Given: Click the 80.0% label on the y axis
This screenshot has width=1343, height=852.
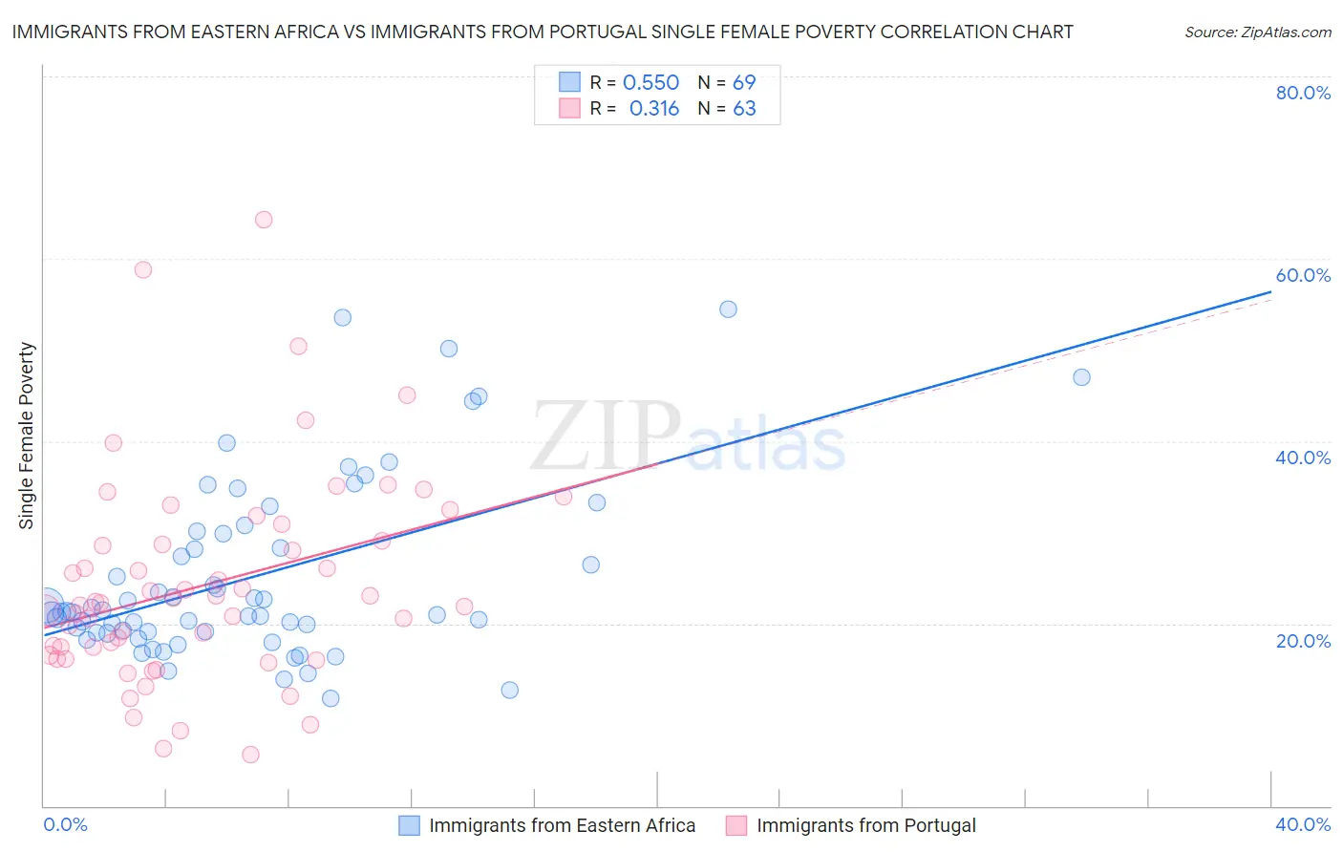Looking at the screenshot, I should pos(1303,93).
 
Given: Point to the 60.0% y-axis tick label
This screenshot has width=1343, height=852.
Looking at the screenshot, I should pos(1303,275).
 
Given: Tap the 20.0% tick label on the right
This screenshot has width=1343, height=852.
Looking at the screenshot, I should pos(1303,641).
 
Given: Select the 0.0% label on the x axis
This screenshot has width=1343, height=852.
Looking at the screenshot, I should pos(65,824).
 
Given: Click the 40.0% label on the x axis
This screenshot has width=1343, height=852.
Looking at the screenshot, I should pos(1303,824).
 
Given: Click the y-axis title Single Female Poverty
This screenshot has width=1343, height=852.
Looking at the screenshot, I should pos(27,436).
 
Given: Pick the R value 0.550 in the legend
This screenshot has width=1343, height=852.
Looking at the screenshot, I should pos(650,82).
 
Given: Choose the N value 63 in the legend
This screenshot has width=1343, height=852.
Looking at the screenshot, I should pos(744,109).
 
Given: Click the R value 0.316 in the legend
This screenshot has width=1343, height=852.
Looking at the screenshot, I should pos(653,109).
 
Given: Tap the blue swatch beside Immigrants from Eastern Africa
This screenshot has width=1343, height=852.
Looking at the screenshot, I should pos(410,825).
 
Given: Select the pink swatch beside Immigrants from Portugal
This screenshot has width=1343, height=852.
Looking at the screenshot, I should pos(735,825).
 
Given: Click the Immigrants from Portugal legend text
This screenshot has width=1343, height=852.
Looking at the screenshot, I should pos(866,825).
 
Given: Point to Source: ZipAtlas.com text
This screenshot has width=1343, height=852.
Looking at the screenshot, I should pos(1257,32).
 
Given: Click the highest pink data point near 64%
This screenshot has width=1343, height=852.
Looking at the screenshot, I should pos(264,220).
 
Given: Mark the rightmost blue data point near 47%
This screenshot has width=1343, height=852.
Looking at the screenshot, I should pos(1081,377).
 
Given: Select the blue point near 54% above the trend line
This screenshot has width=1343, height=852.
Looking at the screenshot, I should pos(728,309).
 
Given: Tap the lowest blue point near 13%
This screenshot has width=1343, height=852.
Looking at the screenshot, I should pos(509,690).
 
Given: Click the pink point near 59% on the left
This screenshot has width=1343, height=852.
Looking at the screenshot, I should pos(143,269).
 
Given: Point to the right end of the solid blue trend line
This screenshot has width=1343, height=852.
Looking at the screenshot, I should pos(1271,292).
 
